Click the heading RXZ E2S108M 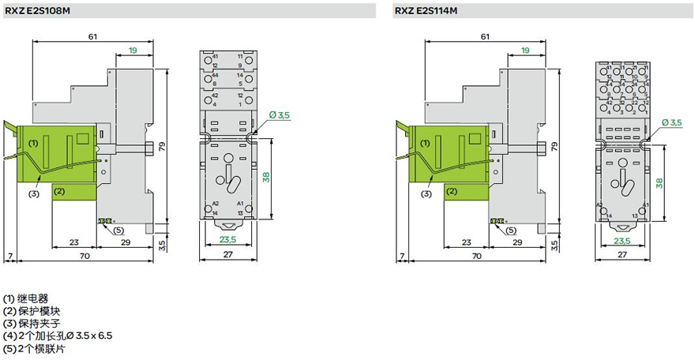point(38,10)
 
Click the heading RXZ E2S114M point(427,10)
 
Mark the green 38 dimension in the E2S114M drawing point(658,181)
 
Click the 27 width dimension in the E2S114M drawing point(622,255)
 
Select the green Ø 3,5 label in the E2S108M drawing point(280,115)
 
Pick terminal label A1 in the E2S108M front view point(240,204)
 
